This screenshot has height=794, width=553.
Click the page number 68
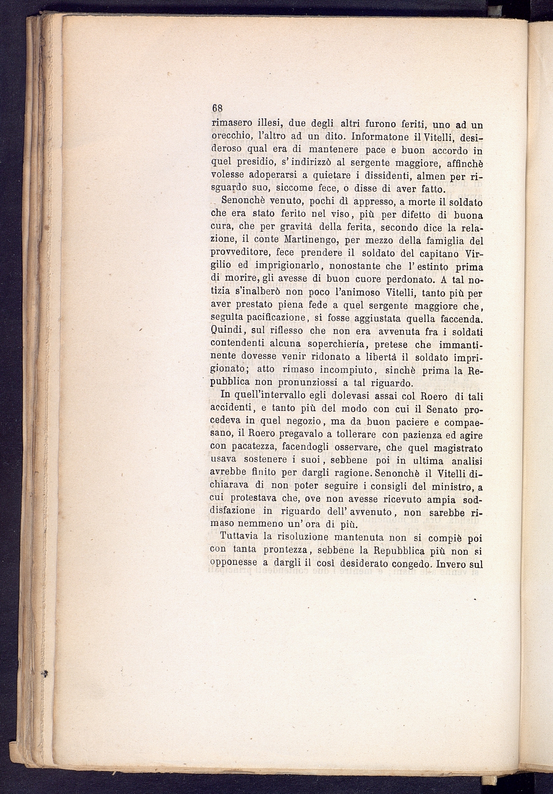coord(216,108)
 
